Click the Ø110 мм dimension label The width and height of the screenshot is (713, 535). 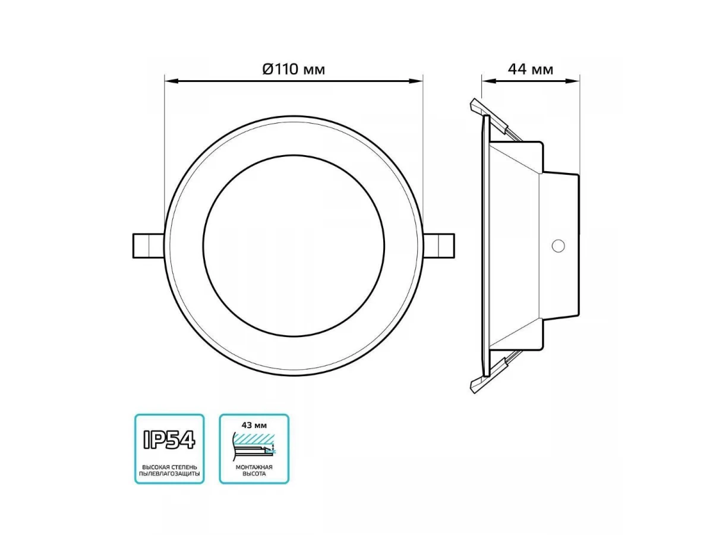[x=294, y=69]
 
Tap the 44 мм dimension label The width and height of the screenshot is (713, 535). [x=531, y=70]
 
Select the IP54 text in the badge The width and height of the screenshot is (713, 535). [x=169, y=440]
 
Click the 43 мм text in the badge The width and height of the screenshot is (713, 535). [x=254, y=425]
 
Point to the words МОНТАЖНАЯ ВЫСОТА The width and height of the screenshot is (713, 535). [x=254, y=470]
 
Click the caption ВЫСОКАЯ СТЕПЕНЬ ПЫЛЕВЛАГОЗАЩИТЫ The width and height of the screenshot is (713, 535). [x=169, y=470]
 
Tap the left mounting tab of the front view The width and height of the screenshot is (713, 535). [x=149, y=246]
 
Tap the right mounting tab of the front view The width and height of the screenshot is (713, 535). [x=439, y=246]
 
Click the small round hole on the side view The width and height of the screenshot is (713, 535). [x=558, y=246]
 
